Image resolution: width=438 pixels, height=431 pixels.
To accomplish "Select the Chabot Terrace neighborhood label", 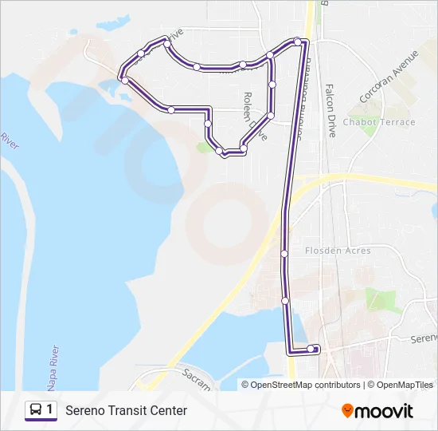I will point(378,122).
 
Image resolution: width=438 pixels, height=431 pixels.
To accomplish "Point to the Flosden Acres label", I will point(338,251).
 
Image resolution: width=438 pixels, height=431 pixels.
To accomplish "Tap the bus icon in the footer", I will point(36,410).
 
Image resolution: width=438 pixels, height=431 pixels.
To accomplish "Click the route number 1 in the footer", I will point(50,409).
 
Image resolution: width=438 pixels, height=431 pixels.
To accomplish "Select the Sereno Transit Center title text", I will point(126,410).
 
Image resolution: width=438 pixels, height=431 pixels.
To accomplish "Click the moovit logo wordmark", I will point(384,411).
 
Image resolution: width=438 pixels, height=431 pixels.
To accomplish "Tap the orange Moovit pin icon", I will point(347,410).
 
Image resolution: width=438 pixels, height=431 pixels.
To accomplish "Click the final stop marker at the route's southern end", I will point(311,348).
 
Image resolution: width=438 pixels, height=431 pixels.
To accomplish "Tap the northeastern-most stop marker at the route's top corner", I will point(298,41).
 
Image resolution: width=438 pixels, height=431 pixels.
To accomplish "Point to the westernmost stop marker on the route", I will point(124,80).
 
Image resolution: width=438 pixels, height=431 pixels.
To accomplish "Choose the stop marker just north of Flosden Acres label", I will point(284,254).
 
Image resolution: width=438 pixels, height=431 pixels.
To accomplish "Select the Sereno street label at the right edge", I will point(424,338).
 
